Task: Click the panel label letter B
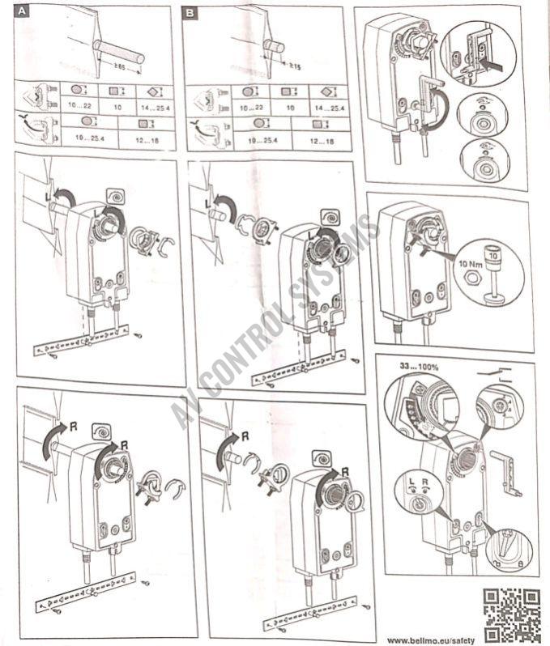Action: tap(190, 13)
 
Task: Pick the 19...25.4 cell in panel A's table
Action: tap(90, 139)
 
